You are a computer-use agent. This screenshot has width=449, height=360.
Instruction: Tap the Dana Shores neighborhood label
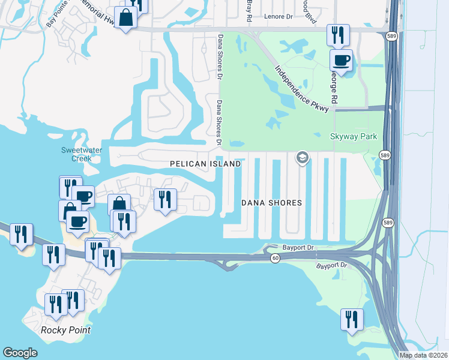pos(271,203)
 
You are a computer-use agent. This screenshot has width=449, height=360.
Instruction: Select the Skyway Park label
pos(354,137)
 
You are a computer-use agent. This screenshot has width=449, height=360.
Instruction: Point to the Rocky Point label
pos(65,330)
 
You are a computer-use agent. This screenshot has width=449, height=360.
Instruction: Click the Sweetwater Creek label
pos(76,154)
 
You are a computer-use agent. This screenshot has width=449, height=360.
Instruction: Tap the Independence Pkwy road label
pos(303,88)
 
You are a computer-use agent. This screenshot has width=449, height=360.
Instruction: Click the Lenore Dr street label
pos(277,16)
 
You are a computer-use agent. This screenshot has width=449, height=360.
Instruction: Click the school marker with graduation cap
pos(302,158)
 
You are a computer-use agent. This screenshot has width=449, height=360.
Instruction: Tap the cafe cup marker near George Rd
pos(342,60)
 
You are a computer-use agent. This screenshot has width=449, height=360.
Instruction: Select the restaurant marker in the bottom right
pos(351,318)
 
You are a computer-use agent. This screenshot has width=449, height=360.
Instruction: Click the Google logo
pos(20,353)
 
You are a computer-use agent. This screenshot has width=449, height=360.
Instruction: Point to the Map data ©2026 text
pos(424,355)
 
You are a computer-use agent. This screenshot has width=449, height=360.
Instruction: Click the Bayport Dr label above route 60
pos(299,247)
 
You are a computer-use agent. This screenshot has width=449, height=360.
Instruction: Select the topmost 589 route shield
pos(390,35)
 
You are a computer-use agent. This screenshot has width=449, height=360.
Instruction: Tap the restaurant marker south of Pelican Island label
pos(165,199)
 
